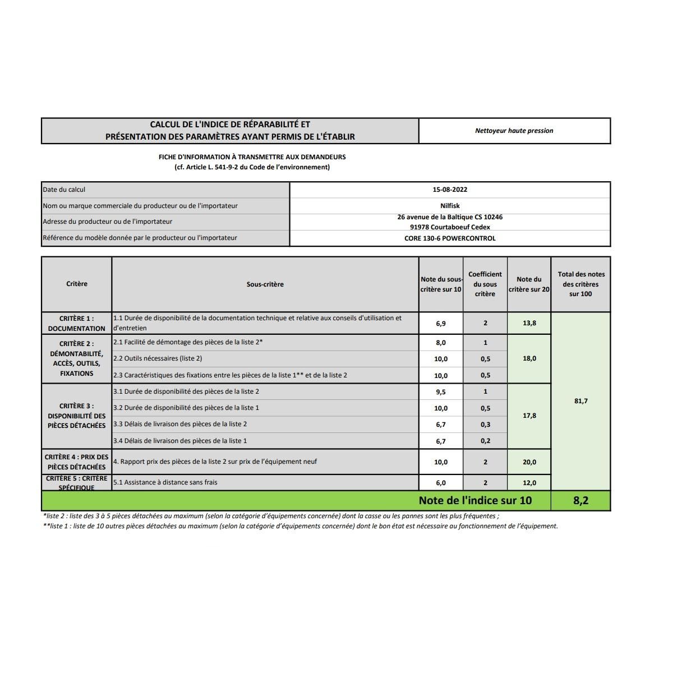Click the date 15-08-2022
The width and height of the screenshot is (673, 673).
coord(450,190)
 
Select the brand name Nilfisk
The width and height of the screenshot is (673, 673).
coord(450,206)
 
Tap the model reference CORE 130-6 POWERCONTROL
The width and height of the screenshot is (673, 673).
coord(450,238)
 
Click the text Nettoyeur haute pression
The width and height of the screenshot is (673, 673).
coord(514,131)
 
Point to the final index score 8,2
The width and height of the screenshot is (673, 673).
coord(580,500)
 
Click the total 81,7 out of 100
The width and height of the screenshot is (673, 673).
coord(580,401)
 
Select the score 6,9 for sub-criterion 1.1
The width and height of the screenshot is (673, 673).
coord(441,323)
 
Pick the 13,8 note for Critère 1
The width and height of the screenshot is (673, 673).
coord(529,323)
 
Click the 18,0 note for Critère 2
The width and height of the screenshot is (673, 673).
coord(529,358)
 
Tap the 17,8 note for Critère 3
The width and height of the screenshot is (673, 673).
coord(529,416)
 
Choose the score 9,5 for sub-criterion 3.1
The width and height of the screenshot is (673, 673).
coord(441,392)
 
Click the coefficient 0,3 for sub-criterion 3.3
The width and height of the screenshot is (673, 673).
coord(485,425)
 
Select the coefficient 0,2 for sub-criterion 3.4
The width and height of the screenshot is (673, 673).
coord(485,441)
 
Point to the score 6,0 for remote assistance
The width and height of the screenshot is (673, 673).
coord(441,483)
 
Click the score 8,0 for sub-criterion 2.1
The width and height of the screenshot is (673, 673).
coord(441,343)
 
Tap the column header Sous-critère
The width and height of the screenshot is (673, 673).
coord(265,284)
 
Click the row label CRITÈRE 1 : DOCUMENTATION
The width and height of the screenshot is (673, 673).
coord(77,323)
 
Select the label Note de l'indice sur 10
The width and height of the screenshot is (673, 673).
coord(475,500)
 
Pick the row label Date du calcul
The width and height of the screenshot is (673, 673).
coord(64,190)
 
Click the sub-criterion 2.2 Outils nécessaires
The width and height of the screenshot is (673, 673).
coord(158,358)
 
